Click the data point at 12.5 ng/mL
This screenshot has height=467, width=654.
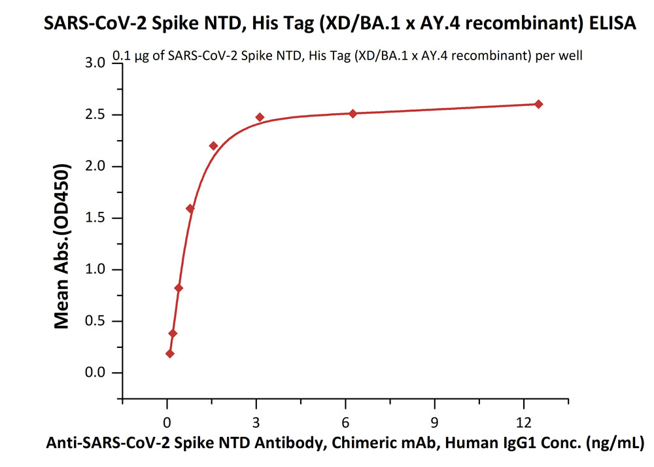pyautogui.click(x=538, y=104)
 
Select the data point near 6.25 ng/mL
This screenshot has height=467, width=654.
pyautogui.click(x=353, y=113)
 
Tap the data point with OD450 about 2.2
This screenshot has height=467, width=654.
pyautogui.click(x=213, y=145)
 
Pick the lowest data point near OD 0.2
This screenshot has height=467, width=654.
pyautogui.click(x=170, y=354)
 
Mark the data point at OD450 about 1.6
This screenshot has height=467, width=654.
pyautogui.click(x=190, y=209)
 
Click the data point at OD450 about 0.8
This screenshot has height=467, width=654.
pyautogui.click(x=179, y=288)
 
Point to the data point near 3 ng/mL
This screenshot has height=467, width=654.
pyautogui.click(x=260, y=118)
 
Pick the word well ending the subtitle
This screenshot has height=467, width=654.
pyautogui.click(x=570, y=56)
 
